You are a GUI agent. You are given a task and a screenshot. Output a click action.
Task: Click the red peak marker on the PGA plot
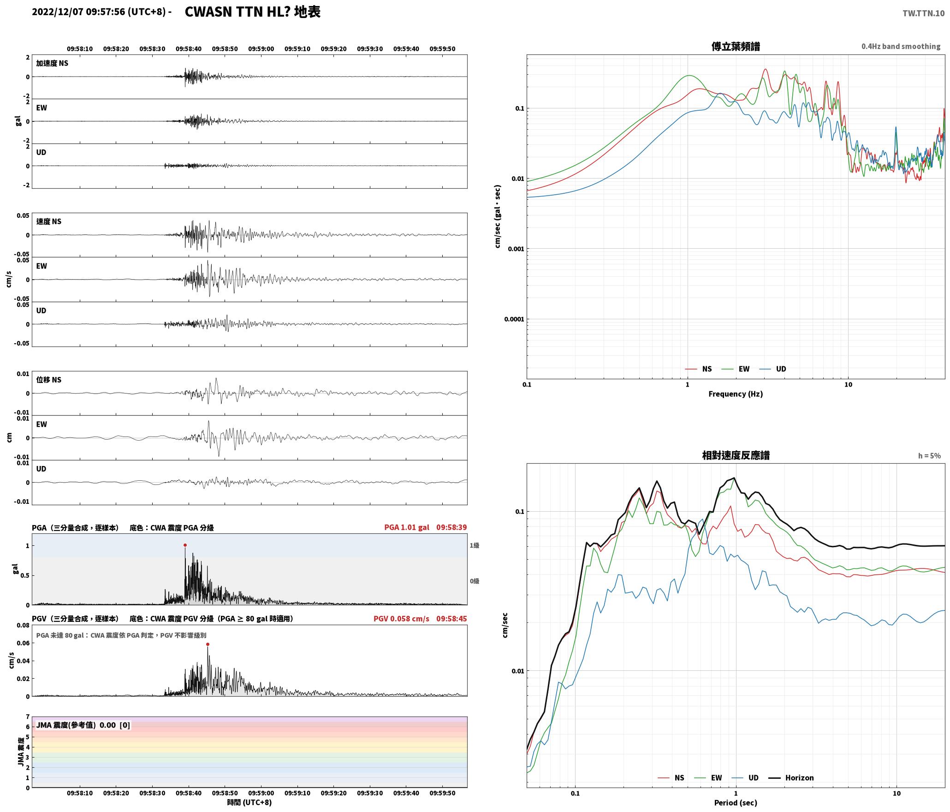tap(185, 545)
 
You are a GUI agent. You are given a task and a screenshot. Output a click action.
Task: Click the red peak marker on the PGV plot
tap(208, 644)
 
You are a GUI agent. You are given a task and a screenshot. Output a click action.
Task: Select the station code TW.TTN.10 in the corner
tap(923, 13)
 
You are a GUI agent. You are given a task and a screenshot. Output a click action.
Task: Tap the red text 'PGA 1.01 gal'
tap(407, 527)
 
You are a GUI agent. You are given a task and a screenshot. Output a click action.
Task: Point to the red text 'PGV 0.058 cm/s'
tap(401, 619)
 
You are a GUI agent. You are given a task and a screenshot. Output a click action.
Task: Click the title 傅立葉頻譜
tap(736, 47)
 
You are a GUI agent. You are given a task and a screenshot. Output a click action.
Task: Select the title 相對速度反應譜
tap(736, 455)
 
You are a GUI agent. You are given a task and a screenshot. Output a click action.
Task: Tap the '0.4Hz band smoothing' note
tap(901, 47)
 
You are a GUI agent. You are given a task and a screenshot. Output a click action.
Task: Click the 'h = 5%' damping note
tap(929, 456)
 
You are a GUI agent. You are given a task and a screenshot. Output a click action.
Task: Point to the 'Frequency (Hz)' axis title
tap(736, 394)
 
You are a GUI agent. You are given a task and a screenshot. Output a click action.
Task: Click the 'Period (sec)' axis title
tap(736, 803)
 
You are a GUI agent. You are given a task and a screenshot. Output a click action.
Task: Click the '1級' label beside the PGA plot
tap(475, 545)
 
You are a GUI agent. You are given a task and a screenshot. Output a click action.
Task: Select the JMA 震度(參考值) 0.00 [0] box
tap(83, 725)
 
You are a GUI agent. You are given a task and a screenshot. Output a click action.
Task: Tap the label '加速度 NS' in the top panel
tap(52, 63)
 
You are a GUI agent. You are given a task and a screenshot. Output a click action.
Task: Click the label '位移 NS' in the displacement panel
tap(49, 380)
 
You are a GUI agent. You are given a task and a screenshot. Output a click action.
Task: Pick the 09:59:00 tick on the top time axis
tap(261, 49)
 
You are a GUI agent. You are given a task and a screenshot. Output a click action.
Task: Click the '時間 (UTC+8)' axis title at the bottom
tap(249, 802)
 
